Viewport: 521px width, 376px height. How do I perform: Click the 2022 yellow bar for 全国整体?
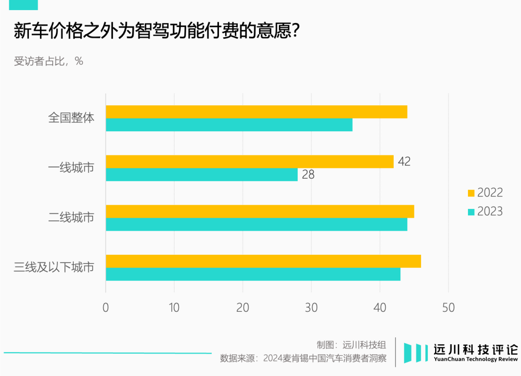pos(256,112)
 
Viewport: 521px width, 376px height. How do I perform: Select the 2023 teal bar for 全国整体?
pos(229,125)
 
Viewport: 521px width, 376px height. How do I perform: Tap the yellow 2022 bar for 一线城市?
pos(249,162)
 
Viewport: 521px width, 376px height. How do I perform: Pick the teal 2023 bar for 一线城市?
pos(202,175)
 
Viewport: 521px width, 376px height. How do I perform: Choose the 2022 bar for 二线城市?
pos(260,211)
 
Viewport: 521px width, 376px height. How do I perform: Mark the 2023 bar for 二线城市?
pos(256,224)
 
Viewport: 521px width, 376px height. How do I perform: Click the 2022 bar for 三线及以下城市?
pos(263,261)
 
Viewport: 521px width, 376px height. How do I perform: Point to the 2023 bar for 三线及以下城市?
pos(253,274)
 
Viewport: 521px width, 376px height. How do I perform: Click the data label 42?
pos(404,162)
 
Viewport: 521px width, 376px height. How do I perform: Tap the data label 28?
pos(308,175)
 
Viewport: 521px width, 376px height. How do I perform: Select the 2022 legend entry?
pos(485,193)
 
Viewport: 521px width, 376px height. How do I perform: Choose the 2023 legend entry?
pos(485,212)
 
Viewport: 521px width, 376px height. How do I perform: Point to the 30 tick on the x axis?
pos(311,307)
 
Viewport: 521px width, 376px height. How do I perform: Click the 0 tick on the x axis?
pos(106,307)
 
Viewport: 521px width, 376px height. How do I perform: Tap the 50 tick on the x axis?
pos(448,307)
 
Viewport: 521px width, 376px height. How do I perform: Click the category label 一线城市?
pos(71,168)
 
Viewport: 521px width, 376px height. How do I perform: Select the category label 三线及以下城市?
pos(54,267)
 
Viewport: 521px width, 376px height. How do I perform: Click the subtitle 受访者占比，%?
pos(48,61)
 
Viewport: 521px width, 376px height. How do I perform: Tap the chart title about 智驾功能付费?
pos(157,32)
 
